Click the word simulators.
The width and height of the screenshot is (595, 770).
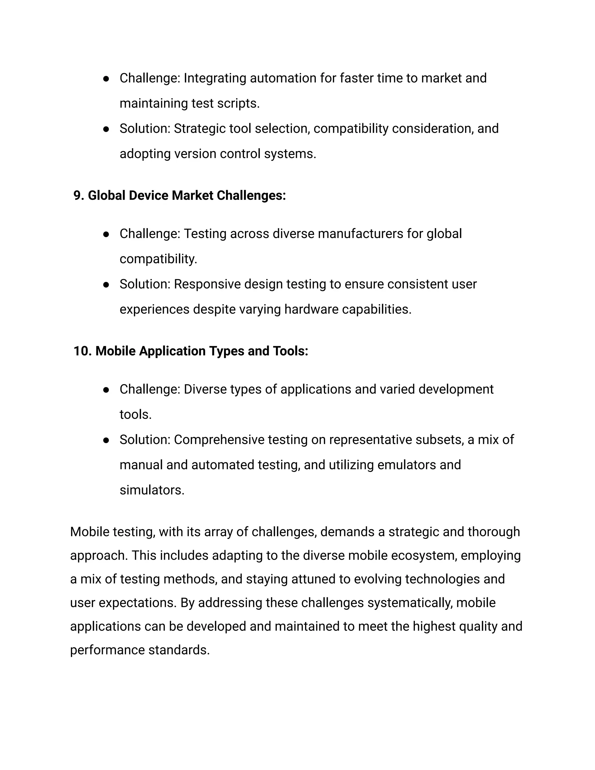tap(152, 490)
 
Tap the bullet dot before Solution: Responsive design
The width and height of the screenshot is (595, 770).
tap(106, 285)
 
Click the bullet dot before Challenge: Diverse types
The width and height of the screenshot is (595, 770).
tap(106, 390)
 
